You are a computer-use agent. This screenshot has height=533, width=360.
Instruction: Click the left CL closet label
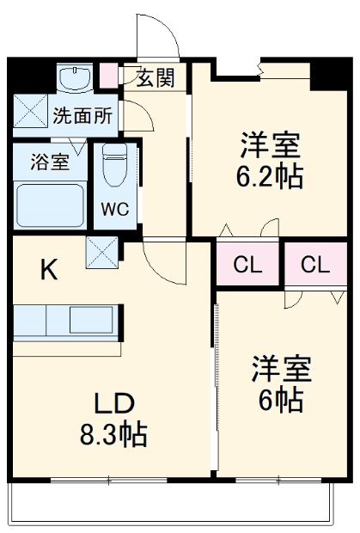click(x=247, y=266)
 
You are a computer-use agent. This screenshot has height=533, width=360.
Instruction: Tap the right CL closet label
click(x=315, y=266)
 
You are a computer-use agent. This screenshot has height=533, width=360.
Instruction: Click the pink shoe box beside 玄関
click(x=108, y=76)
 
